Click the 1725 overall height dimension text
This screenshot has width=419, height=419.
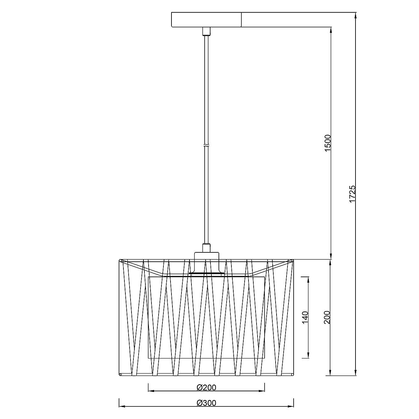353,194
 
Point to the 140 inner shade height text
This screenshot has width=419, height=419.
305,317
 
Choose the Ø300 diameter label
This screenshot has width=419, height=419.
206,403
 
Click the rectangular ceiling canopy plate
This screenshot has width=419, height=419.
206,20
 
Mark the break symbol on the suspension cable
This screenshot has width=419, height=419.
206,145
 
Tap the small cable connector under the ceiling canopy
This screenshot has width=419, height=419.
206,31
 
